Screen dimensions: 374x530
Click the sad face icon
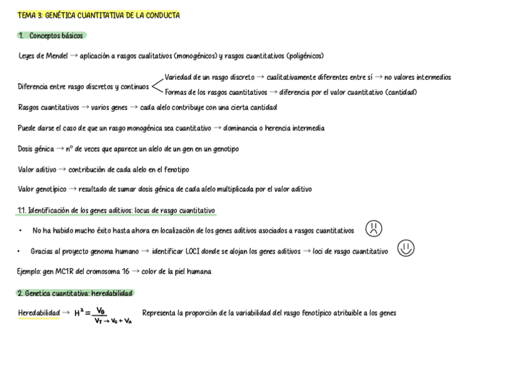374,229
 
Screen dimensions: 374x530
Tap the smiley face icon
406,249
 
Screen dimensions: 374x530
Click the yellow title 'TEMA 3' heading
98,16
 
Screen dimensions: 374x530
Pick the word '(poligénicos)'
304,56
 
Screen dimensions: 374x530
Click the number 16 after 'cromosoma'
126,272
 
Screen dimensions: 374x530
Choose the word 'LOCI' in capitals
176,251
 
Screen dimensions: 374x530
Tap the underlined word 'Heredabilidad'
39,313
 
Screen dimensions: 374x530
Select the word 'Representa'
158,313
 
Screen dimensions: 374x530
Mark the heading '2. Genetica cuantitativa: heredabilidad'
75,293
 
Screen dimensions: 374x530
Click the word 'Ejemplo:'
30,272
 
